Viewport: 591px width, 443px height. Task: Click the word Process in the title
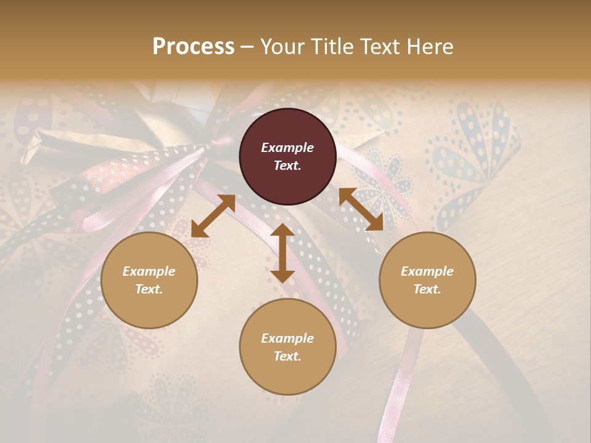193,47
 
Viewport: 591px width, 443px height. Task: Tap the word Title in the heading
336,47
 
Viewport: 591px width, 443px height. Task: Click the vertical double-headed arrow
283,253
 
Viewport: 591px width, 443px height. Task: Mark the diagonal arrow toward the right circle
361,209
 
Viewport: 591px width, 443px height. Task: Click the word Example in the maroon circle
287,148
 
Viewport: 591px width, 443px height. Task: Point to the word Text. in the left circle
149,289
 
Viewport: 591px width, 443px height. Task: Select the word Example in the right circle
427,271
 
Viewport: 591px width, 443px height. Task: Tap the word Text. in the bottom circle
287,356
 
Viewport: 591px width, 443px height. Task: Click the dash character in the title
247,47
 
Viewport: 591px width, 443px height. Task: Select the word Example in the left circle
149,271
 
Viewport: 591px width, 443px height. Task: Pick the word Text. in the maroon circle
287,166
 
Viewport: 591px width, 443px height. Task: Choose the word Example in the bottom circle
287,338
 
